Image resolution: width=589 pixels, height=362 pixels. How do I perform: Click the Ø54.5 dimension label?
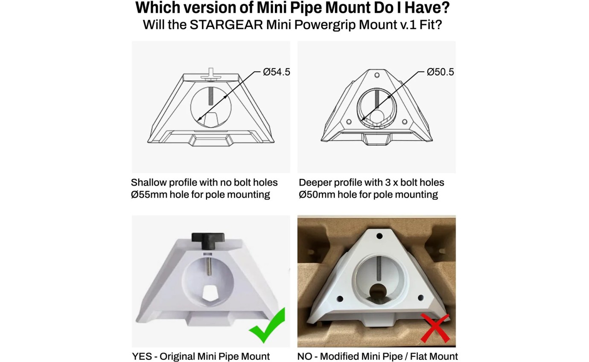pyautogui.click(x=276, y=72)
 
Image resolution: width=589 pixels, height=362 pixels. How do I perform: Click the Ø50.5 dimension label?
pyautogui.click(x=440, y=72)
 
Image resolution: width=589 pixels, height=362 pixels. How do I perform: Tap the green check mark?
pyautogui.click(x=267, y=326)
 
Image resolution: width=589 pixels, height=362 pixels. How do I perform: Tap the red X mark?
pyautogui.click(x=435, y=328)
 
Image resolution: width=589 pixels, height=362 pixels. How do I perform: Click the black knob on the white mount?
pyautogui.click(x=208, y=241)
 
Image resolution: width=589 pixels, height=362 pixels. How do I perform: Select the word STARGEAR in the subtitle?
pyautogui.click(x=226, y=25)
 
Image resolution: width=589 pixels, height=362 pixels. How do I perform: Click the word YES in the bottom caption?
pyautogui.click(x=142, y=356)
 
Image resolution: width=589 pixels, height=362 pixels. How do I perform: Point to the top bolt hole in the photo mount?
pyautogui.click(x=379, y=236)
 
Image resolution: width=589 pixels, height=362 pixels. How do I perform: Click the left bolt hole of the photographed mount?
pyautogui.click(x=340, y=299)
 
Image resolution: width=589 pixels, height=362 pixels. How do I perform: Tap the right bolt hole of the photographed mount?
pyautogui.click(x=420, y=298)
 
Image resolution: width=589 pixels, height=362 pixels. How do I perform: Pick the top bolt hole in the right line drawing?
pyautogui.click(x=377, y=75)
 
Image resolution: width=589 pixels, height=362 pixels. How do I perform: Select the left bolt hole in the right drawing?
pyautogui.click(x=349, y=122)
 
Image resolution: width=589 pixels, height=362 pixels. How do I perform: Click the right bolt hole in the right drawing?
pyautogui.click(x=405, y=122)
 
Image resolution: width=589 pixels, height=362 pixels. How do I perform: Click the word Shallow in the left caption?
pyautogui.click(x=149, y=183)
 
